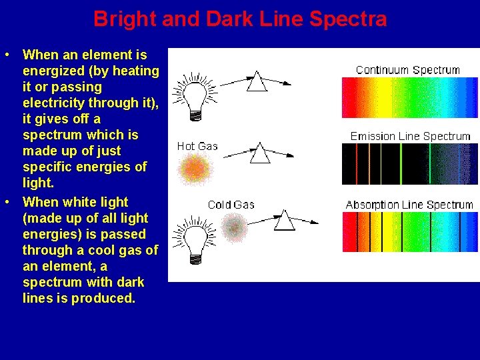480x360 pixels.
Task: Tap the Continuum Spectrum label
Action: coord(407,70)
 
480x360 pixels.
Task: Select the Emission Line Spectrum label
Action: coord(410,136)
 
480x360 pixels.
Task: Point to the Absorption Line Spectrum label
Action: coord(409,205)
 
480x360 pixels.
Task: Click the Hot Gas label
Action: coord(197,146)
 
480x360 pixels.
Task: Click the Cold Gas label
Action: coord(231,205)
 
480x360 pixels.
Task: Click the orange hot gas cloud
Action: coord(195,169)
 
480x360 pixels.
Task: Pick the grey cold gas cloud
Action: coord(233,228)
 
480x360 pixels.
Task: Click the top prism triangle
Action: coord(257,82)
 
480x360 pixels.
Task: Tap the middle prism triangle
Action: coord(259,153)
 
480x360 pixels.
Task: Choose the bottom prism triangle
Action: coord(285,220)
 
